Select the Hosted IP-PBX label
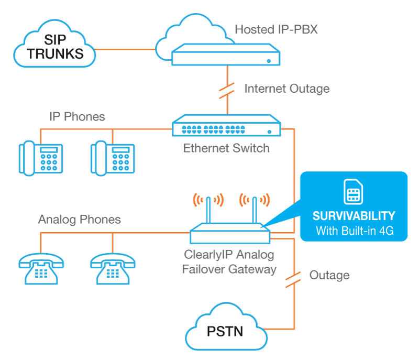click(x=276, y=29)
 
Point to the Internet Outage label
click(x=286, y=89)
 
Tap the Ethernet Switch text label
click(x=226, y=148)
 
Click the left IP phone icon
click(x=41, y=157)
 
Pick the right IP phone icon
click(x=113, y=157)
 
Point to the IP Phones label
click(x=77, y=117)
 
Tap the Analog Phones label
click(x=79, y=219)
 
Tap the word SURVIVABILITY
click(x=354, y=216)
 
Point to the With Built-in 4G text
click(x=354, y=231)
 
